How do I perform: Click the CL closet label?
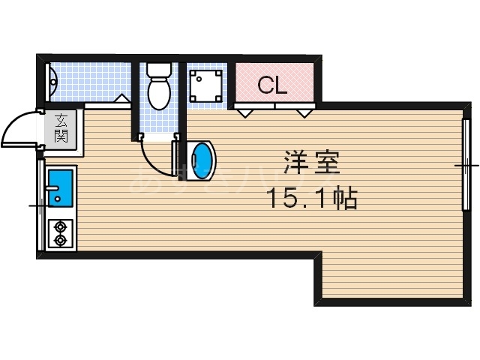pos(273,85)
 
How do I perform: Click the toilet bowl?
pos(158,94)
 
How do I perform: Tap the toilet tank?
pos(158,70)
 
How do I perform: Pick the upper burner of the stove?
pos(59,226)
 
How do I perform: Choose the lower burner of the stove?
pos(59,241)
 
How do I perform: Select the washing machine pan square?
pos(205,85)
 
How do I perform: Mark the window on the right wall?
pos(466,163)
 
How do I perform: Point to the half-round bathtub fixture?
pos(51,82)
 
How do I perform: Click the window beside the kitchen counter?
pos(40,204)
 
